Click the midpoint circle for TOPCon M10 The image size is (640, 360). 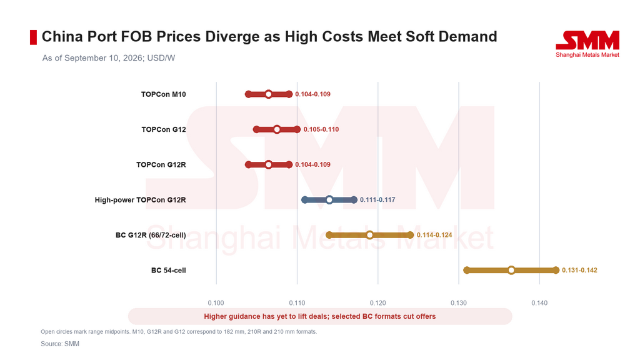(268, 94)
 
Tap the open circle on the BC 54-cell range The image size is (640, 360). (511, 270)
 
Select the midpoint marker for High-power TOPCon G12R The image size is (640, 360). (329, 199)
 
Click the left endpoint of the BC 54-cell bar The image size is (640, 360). (466, 270)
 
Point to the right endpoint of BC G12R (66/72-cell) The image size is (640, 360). (410, 235)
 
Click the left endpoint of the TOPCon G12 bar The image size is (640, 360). (256, 129)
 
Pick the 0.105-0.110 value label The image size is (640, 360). (321, 129)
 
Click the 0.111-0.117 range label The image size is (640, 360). (377, 200)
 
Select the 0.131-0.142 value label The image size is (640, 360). (579, 270)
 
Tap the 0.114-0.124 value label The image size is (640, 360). (434, 235)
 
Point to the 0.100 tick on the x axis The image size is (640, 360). (216, 303)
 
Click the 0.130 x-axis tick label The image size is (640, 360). (459, 303)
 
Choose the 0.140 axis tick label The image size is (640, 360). (539, 303)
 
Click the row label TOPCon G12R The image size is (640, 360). (161, 165)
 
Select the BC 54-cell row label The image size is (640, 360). (169, 270)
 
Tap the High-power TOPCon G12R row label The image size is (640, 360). (141, 200)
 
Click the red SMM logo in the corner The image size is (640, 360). (587, 44)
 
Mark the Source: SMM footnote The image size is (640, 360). (60, 344)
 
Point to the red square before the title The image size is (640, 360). (34, 37)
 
